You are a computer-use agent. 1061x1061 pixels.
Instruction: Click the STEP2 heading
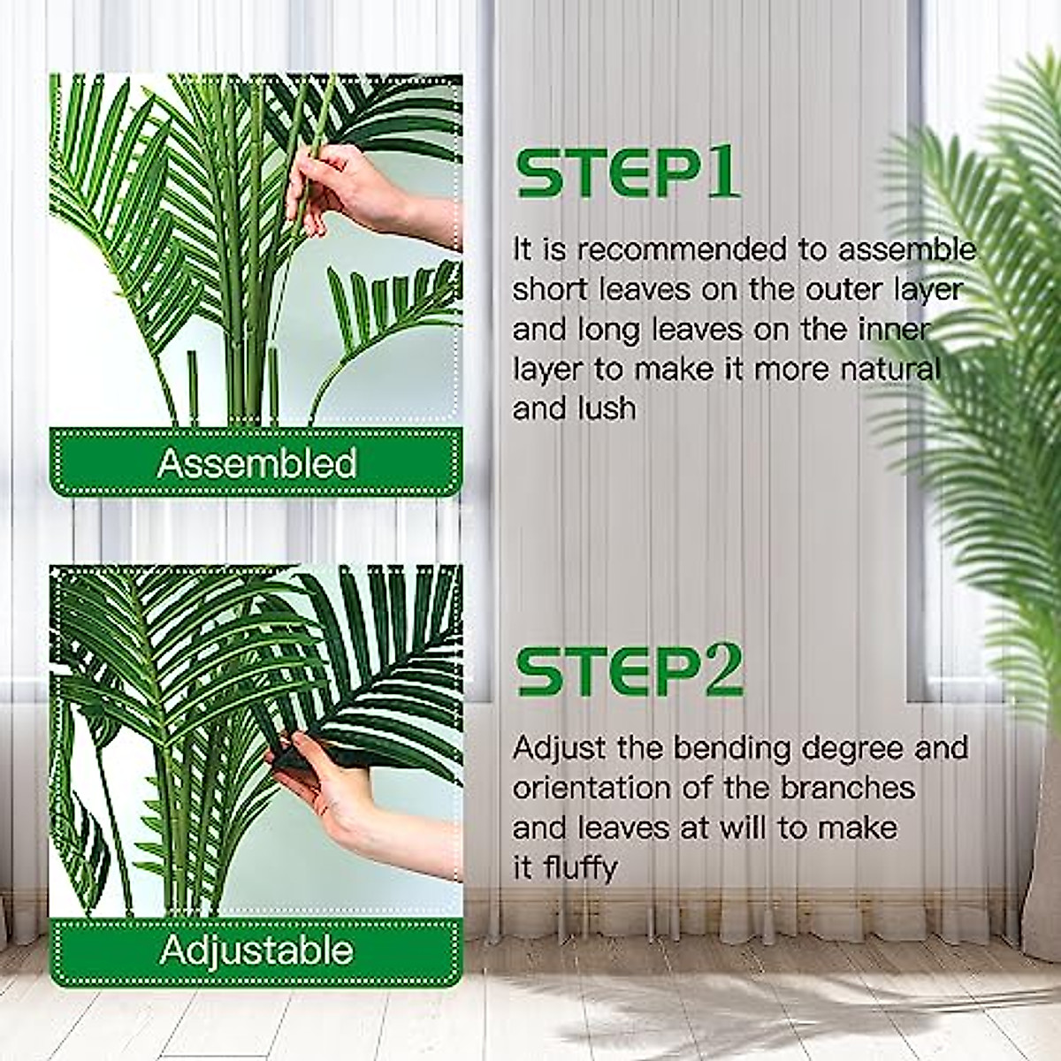coord(630,672)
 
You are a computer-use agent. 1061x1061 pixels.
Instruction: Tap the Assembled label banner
coord(256,463)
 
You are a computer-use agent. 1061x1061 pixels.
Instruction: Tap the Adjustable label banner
coord(256,950)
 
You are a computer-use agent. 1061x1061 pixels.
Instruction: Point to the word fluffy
coord(579,868)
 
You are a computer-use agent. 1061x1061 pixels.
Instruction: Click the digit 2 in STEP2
coord(720,672)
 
